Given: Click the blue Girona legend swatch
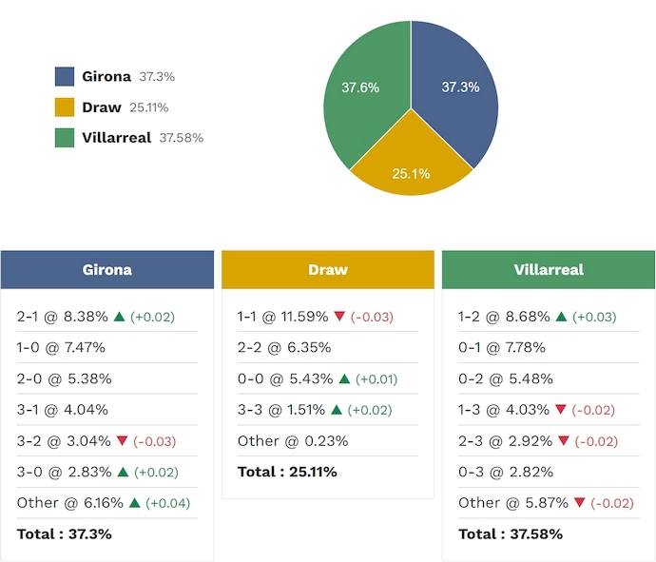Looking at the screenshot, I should pos(65,76).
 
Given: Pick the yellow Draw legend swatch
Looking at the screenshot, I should pos(65,107).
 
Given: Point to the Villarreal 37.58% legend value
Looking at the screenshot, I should pos(181,138).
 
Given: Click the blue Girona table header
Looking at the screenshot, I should pos(106,270).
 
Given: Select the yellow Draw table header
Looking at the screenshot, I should pos(328,270).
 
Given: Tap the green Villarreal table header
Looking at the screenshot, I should pos(549,270).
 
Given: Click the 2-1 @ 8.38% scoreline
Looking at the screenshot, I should pos(62,317).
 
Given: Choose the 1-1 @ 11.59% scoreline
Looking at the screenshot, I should pos(282,317).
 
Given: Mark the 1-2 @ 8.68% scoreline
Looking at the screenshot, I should pos(503,317).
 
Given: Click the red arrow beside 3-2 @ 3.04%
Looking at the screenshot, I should pos(122,441).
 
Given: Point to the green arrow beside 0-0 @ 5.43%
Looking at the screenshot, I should pos(343,378).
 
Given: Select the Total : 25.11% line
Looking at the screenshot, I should pos(287,472).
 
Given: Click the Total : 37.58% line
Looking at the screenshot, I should pos(511,533).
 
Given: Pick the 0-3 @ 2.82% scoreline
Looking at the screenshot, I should pos(502,472).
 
